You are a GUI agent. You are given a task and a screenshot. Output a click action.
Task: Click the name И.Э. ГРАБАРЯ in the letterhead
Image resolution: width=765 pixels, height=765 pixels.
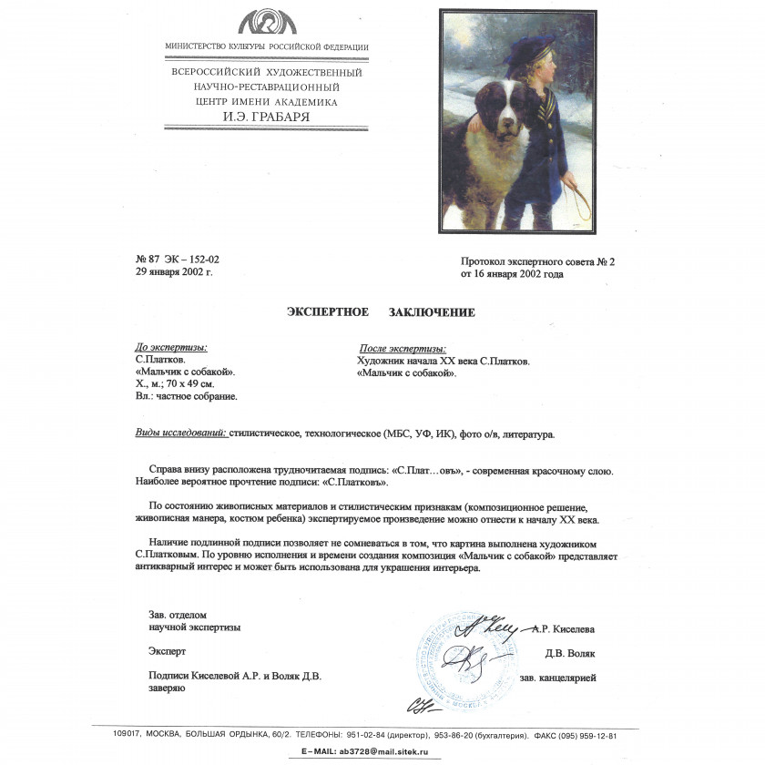coord(267,117)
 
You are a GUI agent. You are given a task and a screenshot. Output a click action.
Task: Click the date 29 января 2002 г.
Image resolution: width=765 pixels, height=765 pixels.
coord(174,271)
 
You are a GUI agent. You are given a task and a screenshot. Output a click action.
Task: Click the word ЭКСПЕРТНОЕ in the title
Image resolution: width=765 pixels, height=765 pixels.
coord(328,312)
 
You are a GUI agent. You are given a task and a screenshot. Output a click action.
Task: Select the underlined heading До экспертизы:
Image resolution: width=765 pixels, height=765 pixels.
coord(170,347)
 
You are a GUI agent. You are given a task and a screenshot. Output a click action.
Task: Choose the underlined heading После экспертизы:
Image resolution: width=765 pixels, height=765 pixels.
coord(403,349)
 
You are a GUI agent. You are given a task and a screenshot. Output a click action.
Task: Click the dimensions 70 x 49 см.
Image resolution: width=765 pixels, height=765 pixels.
coord(189,384)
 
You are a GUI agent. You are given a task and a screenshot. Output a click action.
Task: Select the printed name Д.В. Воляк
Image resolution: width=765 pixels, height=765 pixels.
coord(570,653)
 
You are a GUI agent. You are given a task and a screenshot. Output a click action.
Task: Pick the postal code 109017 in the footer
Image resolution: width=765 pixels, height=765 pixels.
coord(110,735)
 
